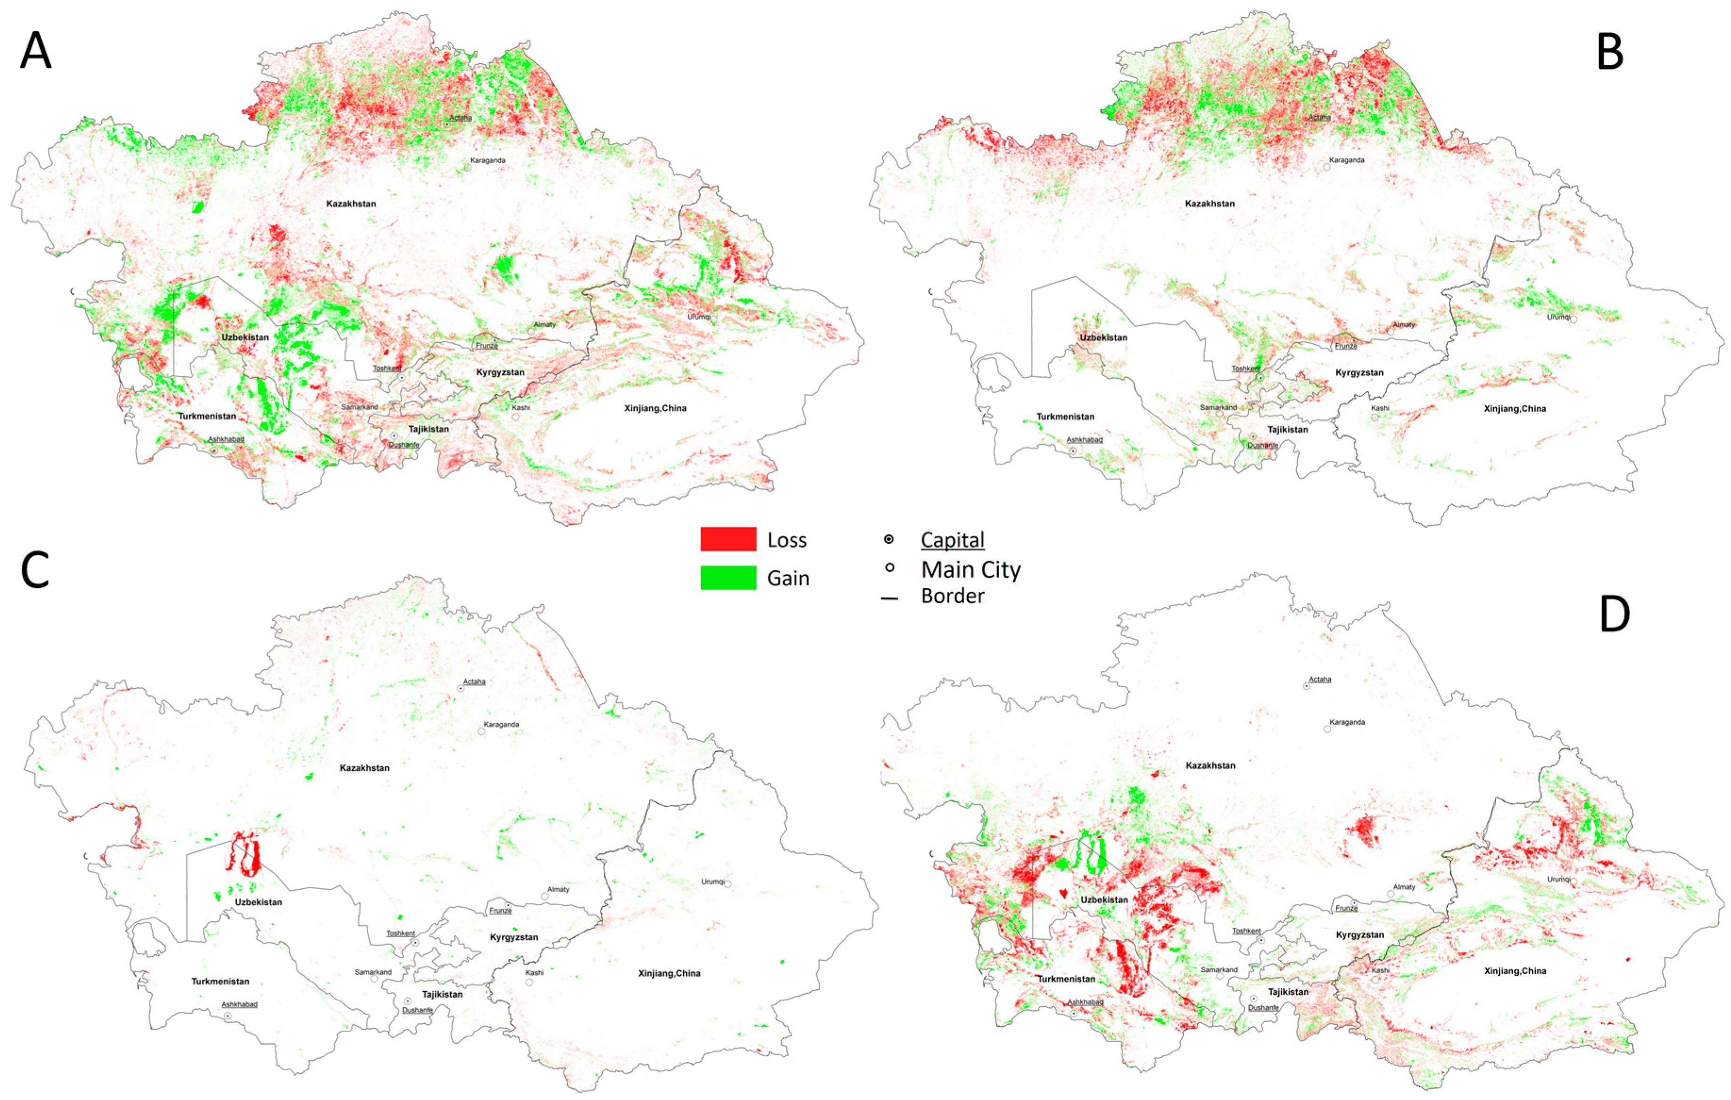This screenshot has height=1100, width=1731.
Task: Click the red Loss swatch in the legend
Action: [728, 539]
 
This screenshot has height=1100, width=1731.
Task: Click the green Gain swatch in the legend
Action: [728, 577]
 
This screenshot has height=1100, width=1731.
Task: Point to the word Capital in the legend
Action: [952, 540]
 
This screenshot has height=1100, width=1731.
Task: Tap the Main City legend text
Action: [970, 570]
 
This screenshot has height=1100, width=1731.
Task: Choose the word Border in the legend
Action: [952, 596]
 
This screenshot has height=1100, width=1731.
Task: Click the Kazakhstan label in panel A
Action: [351, 204]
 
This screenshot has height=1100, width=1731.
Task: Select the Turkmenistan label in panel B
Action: [1065, 417]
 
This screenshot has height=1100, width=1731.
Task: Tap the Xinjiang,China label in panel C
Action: [669, 974]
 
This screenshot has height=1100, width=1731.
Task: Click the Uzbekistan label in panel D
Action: [1104, 900]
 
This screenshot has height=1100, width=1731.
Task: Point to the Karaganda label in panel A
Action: [488, 160]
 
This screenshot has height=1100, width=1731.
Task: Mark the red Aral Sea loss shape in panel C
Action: [244, 854]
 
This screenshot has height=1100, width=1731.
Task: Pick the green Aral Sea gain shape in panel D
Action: [1091, 854]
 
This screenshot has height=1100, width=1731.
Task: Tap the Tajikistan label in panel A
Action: [429, 429]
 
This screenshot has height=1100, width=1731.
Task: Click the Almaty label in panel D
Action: [1404, 887]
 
